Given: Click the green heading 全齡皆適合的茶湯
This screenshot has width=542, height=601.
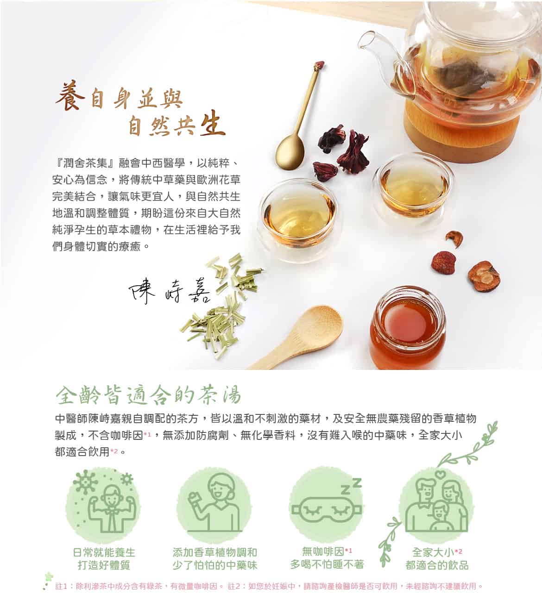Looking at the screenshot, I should (148, 396).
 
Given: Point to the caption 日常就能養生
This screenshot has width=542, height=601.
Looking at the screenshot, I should (104, 552).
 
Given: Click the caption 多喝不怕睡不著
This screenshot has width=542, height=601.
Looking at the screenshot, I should (327, 564).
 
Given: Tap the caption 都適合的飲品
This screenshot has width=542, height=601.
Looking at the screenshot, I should (437, 565).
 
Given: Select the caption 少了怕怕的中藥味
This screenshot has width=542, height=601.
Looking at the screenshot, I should (215, 565).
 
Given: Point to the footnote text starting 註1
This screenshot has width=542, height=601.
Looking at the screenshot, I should (139, 586).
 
